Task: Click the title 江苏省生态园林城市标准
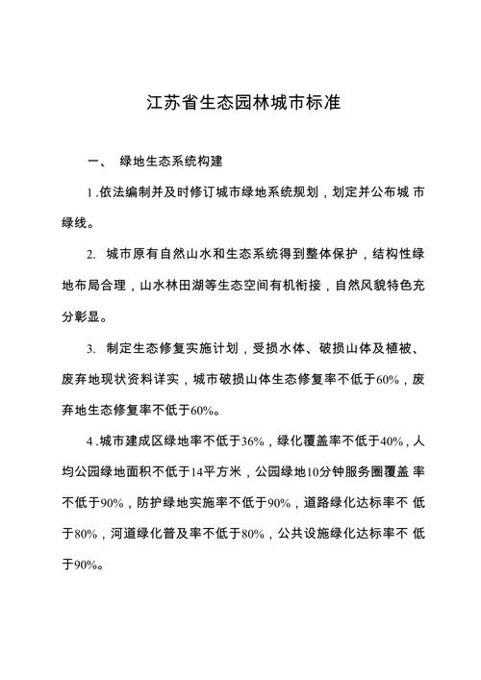pyautogui.click(x=240, y=102)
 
